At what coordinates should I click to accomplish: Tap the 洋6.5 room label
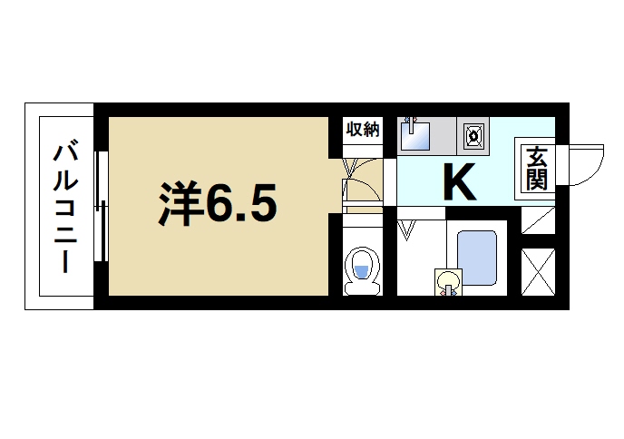(217, 205)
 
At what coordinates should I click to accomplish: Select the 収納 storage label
(361, 130)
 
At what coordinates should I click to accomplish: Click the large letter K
(458, 182)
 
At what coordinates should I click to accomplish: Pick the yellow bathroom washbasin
(446, 281)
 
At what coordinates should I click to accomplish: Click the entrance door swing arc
(585, 163)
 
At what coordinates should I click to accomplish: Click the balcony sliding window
(102, 207)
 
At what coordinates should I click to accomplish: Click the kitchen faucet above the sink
(410, 121)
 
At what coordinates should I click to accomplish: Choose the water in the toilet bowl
(361, 271)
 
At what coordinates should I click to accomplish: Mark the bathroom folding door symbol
(407, 229)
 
